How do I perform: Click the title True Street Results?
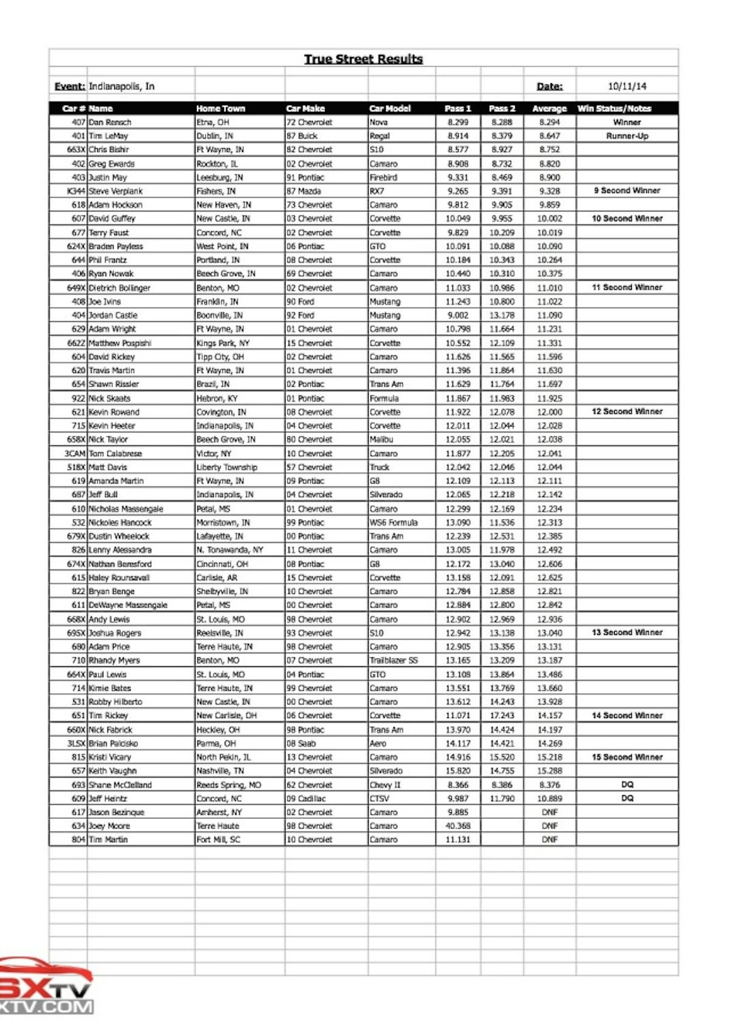pyautogui.click(x=363, y=59)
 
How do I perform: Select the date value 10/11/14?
pyautogui.click(x=627, y=86)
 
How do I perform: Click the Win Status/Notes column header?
pyautogui.click(x=614, y=109)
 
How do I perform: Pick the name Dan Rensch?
pyautogui.click(x=110, y=122)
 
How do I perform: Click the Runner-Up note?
pyautogui.click(x=627, y=136)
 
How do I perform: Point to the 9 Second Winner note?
pyautogui.click(x=627, y=191)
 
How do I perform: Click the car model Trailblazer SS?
pyautogui.click(x=394, y=660)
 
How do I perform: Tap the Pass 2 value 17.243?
pyautogui.click(x=502, y=716)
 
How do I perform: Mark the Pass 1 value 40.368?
pyautogui.click(x=458, y=826)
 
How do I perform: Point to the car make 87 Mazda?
pyautogui.click(x=304, y=191)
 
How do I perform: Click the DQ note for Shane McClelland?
pyautogui.click(x=627, y=785)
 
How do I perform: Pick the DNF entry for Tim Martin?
pyautogui.click(x=549, y=840)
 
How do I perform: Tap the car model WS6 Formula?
pyautogui.click(x=394, y=522)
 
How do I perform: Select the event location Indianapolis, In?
pyautogui.click(x=122, y=86)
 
